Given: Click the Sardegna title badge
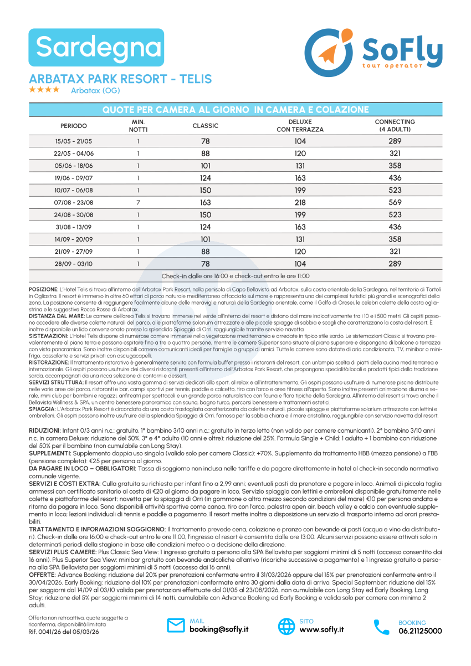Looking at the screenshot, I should coord(96,48).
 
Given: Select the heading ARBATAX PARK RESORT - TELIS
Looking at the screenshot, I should coord(120,79).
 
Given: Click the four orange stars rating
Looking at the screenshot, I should coord(44,90).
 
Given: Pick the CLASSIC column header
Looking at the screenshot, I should coord(205,126).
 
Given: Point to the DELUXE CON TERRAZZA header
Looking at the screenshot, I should coord(300,126).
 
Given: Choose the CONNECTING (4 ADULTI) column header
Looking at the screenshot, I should coord(395,126).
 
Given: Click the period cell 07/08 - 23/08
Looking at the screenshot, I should coord(73,203).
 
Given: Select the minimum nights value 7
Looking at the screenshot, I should coord(137,203).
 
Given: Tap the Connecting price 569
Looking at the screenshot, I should coord(395,203).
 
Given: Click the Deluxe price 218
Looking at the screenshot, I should coord(300,203).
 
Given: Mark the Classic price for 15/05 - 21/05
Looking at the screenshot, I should coord(205,141).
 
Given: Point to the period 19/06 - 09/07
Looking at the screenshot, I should coord(73,178).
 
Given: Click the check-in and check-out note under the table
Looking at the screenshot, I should coord(235,276).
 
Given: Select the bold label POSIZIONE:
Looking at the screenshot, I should coord(43,290).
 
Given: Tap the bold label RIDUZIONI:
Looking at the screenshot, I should coord(44,431).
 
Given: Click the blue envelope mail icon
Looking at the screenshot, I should coord(176,626).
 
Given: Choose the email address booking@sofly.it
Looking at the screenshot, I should coord(219,629).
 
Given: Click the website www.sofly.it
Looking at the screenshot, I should coord(321,629).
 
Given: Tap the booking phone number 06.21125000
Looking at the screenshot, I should coord(420,631).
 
